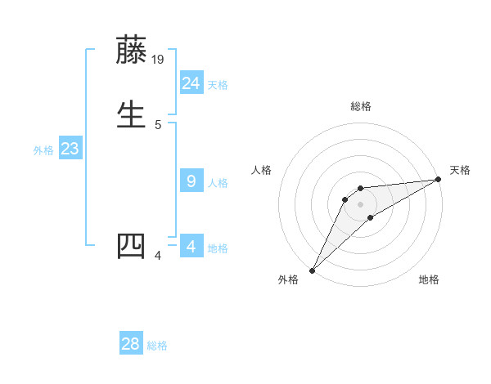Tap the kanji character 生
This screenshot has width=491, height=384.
click(x=132, y=113)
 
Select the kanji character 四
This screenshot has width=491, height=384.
click(x=132, y=247)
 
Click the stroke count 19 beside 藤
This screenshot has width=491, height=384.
click(x=159, y=60)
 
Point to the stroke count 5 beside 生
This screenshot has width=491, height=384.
click(x=158, y=124)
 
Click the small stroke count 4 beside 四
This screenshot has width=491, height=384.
click(x=158, y=257)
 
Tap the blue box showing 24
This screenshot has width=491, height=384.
click(x=191, y=83)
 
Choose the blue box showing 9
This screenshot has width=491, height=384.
click(x=191, y=181)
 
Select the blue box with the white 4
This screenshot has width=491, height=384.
click(x=191, y=245)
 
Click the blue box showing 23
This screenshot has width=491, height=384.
click(x=70, y=149)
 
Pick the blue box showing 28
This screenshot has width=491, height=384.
click(x=131, y=344)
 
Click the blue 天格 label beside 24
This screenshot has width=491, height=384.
click(x=218, y=84)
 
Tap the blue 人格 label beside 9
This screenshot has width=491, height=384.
click(x=218, y=182)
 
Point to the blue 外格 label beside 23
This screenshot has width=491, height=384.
click(x=43, y=150)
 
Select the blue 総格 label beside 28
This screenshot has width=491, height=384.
click(x=157, y=346)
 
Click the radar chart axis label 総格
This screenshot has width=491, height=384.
click(x=360, y=106)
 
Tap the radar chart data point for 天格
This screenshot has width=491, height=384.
click(x=439, y=180)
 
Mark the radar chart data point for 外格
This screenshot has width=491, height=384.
click(x=312, y=270)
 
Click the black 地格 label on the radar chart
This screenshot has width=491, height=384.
click(x=429, y=279)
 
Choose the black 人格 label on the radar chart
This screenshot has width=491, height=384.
click(x=261, y=170)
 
